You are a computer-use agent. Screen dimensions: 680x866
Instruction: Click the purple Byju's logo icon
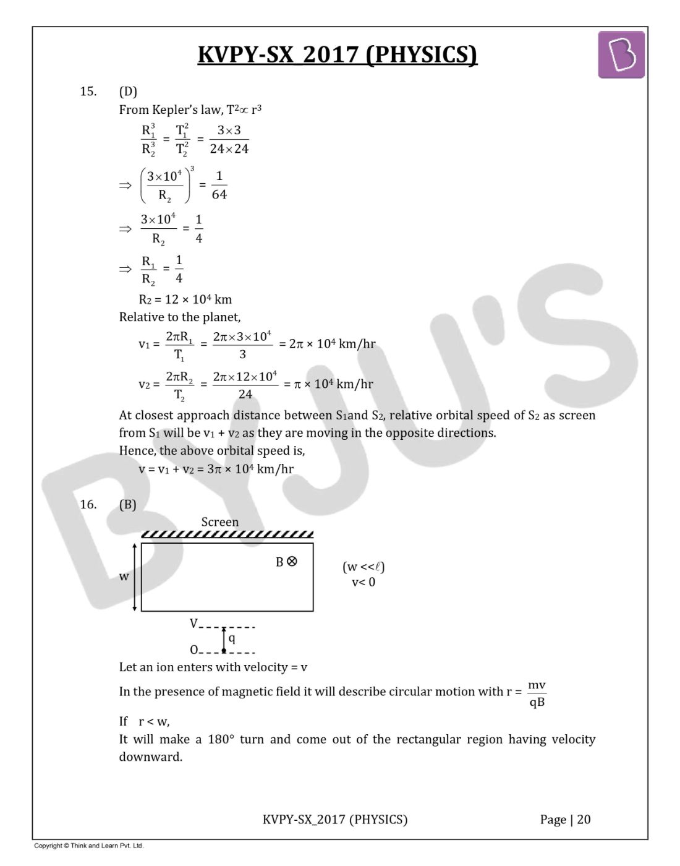pos(621,55)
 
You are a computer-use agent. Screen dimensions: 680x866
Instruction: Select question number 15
pos(88,92)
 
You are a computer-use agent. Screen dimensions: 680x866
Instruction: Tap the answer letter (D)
pos(128,92)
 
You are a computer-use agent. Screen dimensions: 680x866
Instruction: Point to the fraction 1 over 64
pos(219,185)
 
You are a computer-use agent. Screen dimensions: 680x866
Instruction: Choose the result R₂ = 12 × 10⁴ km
pos(185,299)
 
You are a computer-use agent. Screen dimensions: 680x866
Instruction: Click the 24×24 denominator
pos(229,149)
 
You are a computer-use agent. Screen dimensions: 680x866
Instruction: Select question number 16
pos(88,504)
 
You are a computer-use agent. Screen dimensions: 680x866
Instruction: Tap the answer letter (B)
pos(128,504)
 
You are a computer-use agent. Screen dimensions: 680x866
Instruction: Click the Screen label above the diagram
pos(219,522)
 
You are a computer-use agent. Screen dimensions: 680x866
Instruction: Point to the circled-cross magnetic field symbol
pos(292,562)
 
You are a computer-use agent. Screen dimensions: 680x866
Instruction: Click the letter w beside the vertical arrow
pos(124,577)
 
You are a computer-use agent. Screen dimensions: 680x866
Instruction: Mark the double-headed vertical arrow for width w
pos(135,577)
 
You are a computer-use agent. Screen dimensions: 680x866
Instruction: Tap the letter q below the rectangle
pos(232,638)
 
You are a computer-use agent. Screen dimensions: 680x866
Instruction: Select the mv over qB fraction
pos(537,693)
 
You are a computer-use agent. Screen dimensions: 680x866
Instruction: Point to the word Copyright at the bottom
pos(48,846)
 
